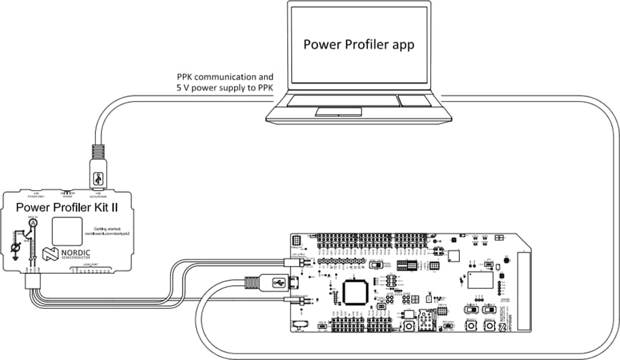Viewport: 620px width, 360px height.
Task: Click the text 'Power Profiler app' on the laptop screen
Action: [358, 44]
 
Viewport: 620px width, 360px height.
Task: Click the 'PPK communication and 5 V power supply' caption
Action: [225, 82]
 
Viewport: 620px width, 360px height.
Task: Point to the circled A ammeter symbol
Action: [33, 223]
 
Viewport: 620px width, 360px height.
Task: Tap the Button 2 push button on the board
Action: [489, 326]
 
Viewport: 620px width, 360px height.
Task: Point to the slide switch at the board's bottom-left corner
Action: [300, 326]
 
